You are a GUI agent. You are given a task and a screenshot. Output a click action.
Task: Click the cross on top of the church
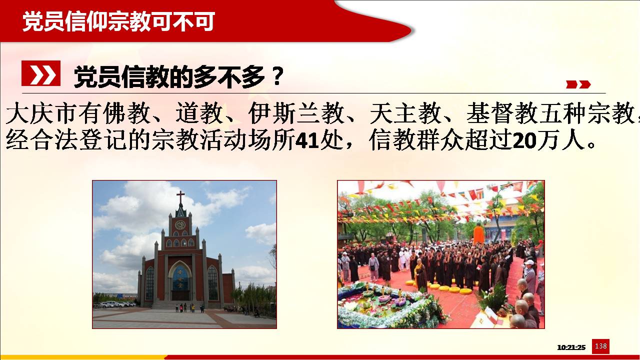click(180, 196)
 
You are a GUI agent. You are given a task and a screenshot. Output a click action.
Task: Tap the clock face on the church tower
click(180, 225)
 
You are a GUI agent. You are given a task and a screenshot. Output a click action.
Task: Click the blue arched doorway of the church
click(180, 281)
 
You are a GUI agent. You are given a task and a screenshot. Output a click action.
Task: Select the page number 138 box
click(600, 346)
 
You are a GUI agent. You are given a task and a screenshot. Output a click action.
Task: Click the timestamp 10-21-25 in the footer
click(571, 347)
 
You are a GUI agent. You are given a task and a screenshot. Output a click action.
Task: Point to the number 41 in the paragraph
click(307, 140)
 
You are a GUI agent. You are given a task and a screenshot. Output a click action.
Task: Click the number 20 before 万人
click(524, 140)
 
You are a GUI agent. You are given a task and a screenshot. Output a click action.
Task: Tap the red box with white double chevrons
click(41, 73)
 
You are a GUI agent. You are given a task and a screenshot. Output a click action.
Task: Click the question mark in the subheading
click(276, 76)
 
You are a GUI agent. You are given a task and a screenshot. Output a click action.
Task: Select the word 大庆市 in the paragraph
click(42, 113)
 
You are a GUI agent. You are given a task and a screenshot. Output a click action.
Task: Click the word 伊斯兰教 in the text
click(296, 113)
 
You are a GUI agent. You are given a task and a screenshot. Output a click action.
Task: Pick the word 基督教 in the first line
click(502, 113)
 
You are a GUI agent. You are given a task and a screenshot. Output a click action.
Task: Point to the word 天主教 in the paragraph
click(405, 113)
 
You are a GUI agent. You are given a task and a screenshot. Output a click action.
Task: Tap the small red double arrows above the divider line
click(578, 84)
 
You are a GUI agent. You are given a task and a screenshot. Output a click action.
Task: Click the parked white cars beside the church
click(114, 304)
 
